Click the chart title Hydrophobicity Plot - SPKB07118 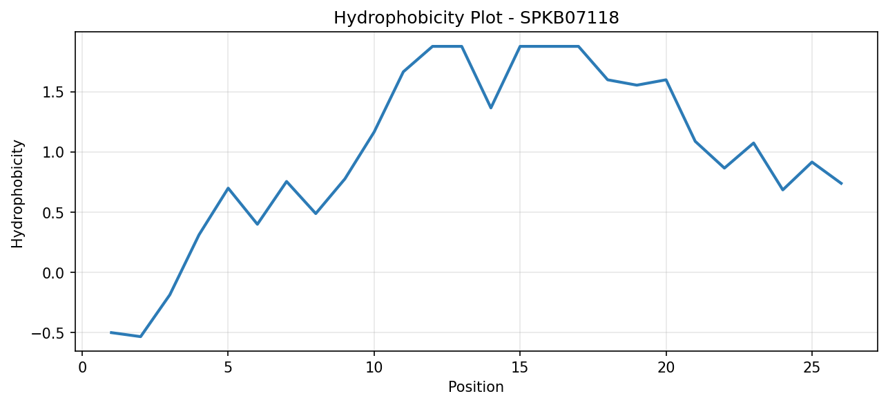[x=476, y=18]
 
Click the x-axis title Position [x=476, y=387]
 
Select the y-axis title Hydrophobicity [x=17, y=194]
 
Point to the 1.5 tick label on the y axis [x=54, y=93]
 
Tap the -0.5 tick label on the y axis [x=48, y=333]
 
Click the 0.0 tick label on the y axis [x=54, y=273]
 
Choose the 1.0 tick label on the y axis [x=54, y=153]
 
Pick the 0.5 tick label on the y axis [x=54, y=213]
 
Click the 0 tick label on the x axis [x=82, y=368]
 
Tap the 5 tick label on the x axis [x=228, y=368]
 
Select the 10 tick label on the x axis [x=374, y=368]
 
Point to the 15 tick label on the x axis [x=520, y=368]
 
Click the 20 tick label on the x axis [x=666, y=368]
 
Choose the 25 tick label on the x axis [x=812, y=368]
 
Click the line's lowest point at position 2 [x=140, y=337]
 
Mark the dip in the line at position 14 [x=491, y=108]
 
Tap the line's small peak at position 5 [x=228, y=188]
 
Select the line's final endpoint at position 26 [x=841, y=184]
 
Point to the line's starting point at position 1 [x=111, y=332]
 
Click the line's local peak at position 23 [x=753, y=143]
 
